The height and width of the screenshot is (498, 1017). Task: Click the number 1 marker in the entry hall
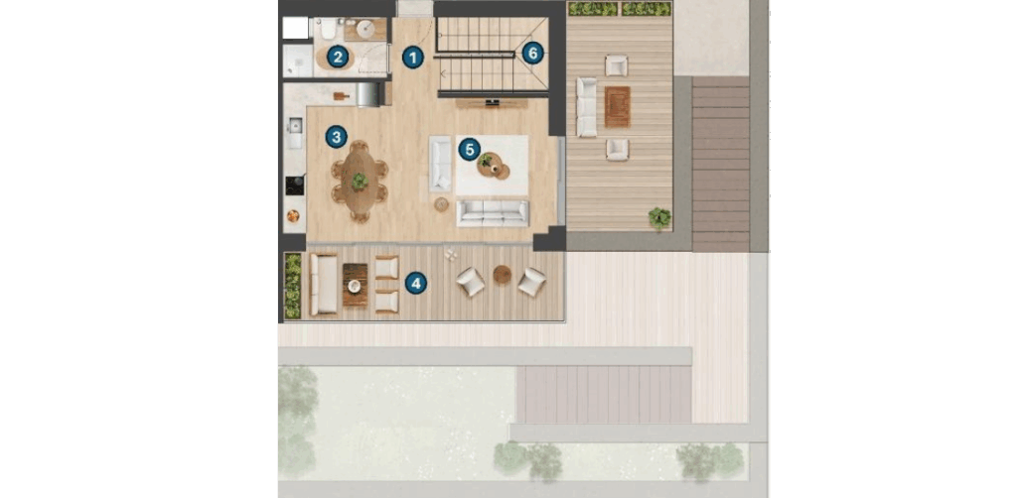click(x=412, y=58)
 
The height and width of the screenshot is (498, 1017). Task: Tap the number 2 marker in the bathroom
click(x=337, y=57)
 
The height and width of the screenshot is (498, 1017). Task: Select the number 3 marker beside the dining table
click(x=336, y=137)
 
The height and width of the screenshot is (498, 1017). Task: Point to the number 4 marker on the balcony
click(x=416, y=283)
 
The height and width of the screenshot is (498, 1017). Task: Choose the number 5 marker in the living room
click(x=469, y=150)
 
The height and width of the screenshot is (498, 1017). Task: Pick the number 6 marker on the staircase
click(x=532, y=53)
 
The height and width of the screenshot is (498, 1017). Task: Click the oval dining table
click(x=360, y=182)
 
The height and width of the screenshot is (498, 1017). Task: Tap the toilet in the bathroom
click(x=327, y=29)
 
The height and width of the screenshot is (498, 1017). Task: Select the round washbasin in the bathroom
click(x=365, y=29)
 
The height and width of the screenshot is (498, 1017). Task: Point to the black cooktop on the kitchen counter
click(x=294, y=186)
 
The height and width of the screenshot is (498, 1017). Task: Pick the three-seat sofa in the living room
click(x=493, y=213)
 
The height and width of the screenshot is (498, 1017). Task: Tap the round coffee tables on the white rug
click(x=494, y=165)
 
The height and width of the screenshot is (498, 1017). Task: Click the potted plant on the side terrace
click(x=659, y=217)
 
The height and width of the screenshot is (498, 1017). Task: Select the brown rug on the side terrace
click(x=617, y=107)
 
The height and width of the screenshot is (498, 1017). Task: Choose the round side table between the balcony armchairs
click(x=502, y=275)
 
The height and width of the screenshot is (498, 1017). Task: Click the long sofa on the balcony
click(x=323, y=285)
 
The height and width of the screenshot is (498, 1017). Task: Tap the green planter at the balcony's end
click(x=293, y=287)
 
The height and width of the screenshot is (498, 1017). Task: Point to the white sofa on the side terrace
click(x=586, y=107)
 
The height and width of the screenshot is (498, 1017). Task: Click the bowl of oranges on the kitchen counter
click(x=294, y=216)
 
